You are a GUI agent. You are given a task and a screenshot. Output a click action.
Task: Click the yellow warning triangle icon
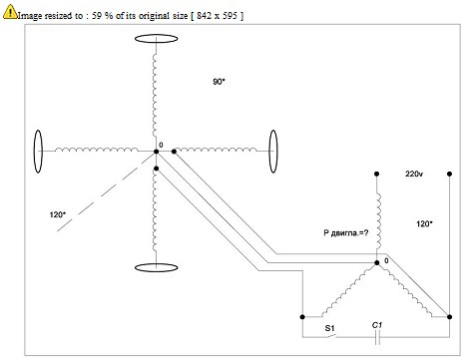coord(10,11)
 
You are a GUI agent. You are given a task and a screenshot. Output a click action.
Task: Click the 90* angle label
coord(219,82)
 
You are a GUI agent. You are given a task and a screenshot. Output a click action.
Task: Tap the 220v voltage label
coord(414,174)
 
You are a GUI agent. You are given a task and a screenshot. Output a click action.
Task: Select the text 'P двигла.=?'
coord(346,232)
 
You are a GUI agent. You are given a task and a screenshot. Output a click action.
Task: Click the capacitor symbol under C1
coord(377,337)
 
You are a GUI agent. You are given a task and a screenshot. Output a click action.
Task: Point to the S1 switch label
coord(329,328)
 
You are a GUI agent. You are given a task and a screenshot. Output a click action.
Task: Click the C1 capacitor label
coord(377,325)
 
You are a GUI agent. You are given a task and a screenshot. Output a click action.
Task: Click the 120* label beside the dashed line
coord(57,214)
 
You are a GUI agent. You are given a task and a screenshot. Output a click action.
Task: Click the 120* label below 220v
coord(424,223)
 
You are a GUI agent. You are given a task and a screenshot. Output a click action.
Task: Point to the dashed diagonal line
coord(105,192)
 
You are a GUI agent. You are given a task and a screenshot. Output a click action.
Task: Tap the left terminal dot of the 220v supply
coord(376,174)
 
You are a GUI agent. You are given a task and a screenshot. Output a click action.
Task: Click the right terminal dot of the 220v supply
coord(449,174)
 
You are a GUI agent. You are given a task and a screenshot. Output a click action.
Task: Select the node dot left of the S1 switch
coord(302,317)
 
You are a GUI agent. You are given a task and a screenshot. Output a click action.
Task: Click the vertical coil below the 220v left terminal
coord(378,221)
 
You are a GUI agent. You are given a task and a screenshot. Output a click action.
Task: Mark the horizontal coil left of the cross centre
coord(97,150)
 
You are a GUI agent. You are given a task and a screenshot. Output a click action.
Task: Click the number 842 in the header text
coord(203,15)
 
